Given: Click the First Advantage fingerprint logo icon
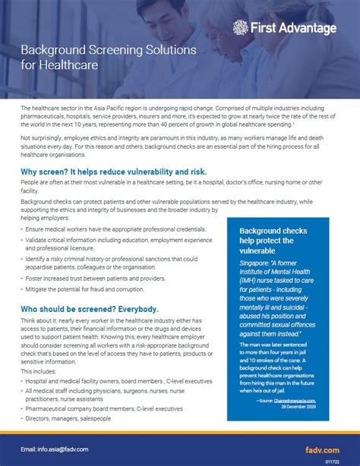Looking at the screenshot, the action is tap(241, 28).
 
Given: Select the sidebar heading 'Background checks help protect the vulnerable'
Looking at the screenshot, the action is tap(273, 241).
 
